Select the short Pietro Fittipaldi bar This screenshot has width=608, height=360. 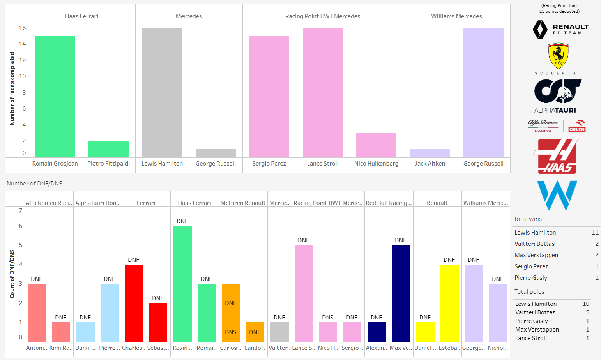(x=108, y=149)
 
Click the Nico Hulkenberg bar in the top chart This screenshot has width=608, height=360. (x=376, y=145)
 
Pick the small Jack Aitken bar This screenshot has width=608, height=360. (x=429, y=154)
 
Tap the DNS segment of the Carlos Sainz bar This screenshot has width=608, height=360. (x=231, y=332)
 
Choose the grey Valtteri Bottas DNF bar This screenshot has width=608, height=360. (x=279, y=332)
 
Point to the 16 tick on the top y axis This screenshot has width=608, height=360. (x=22, y=28)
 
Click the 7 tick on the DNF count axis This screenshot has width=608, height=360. (x=21, y=211)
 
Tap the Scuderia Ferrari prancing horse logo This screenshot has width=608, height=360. (x=558, y=56)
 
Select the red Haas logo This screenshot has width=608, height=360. (x=556, y=156)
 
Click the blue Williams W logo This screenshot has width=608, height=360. (x=557, y=195)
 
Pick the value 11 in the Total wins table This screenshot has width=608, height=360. (x=595, y=233)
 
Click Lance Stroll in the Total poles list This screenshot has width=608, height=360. (x=531, y=338)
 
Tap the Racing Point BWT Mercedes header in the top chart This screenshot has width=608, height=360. (x=322, y=16)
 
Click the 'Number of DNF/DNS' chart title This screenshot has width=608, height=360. (x=34, y=184)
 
